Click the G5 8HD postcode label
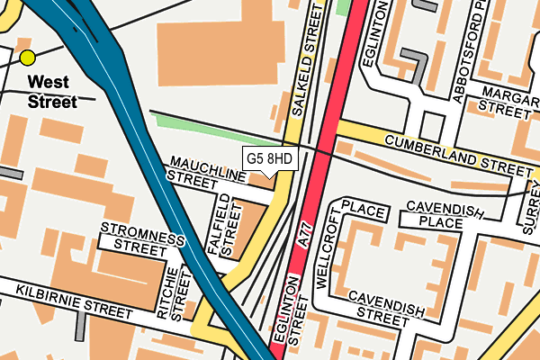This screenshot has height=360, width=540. [x=269, y=159]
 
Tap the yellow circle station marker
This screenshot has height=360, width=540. [x=27, y=58]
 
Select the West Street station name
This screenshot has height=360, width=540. [x=51, y=92]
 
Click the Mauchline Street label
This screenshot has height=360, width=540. [x=205, y=171]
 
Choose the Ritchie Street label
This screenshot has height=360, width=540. [x=172, y=294]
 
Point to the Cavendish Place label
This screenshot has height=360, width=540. [x=445, y=214]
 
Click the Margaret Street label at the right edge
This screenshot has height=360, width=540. [x=508, y=100]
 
